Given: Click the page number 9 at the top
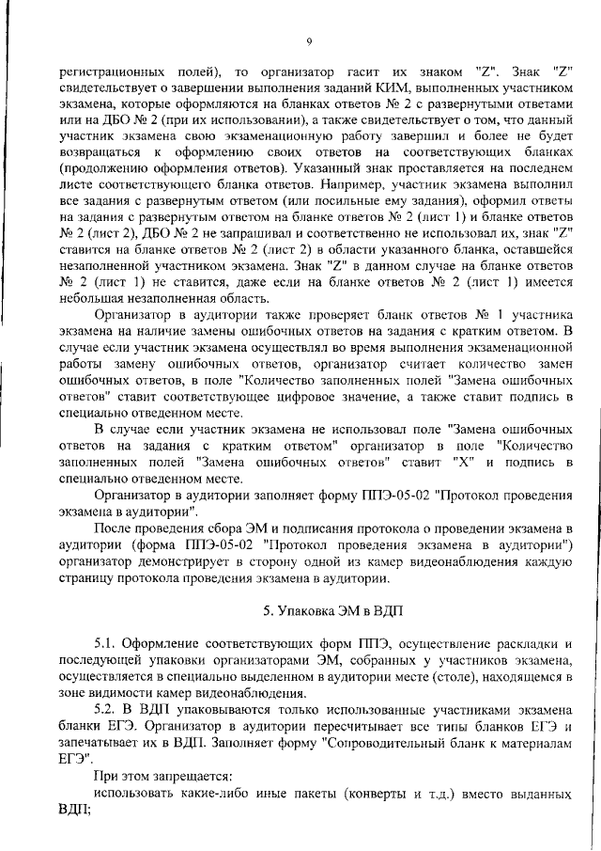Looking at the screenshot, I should pyautogui.click(x=308, y=40).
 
